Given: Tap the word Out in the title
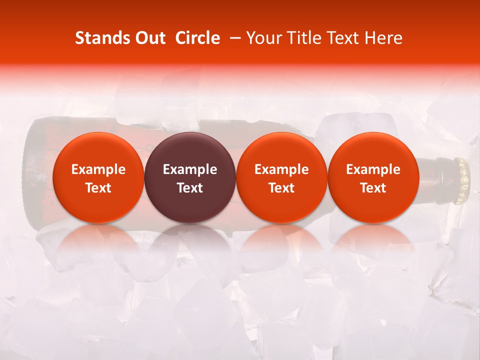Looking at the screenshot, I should tap(148, 38).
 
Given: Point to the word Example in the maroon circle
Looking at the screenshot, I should tap(189, 169).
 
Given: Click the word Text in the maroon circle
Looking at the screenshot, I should tap(189, 188).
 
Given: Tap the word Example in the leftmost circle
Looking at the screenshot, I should tap(98, 169).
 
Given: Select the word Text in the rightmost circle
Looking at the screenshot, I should tap(373, 188).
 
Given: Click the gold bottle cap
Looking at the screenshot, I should tap(462, 180).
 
